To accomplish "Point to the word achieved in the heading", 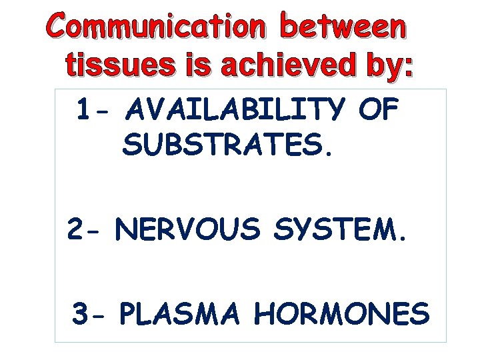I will coord(275,67).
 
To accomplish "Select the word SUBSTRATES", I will coord(223,144).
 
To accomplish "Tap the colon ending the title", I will coord(408,69).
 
